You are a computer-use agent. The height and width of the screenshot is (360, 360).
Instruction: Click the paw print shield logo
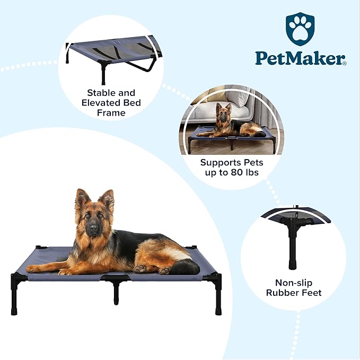pos(300,29)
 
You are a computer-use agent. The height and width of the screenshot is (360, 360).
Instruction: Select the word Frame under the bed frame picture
pos(111,113)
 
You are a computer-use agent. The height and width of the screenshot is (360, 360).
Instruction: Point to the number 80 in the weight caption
pos(236,172)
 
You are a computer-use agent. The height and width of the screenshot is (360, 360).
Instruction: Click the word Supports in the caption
pos(220,163)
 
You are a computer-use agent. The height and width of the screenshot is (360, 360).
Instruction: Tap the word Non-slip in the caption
pos(294,283)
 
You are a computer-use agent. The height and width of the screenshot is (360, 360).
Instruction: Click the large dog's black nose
pos(93,229)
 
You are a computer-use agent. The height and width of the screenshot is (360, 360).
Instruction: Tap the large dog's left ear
pos(81,199)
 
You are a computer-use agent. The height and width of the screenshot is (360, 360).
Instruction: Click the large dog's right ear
pos(107,199)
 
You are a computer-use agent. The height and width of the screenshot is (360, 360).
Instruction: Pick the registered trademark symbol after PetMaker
pos(345,63)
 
